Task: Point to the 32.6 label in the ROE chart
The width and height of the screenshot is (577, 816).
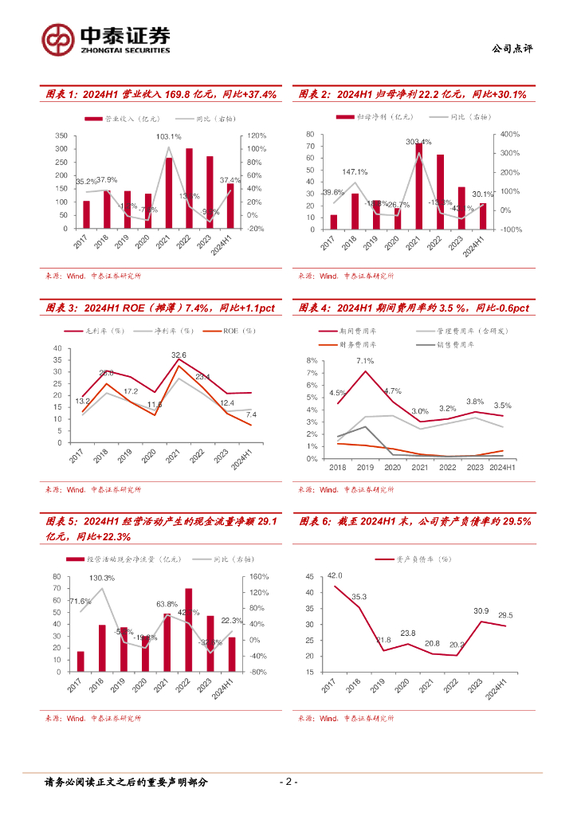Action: click(179, 355)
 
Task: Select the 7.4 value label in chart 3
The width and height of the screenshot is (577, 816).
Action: click(251, 415)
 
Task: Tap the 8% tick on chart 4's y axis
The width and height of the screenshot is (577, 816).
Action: click(311, 361)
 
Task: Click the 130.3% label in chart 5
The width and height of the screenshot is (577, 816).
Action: click(101, 578)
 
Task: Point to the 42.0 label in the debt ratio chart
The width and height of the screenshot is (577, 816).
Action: click(335, 575)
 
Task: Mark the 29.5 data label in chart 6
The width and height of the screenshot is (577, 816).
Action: click(505, 615)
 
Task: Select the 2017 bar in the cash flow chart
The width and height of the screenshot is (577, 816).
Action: click(80, 661)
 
